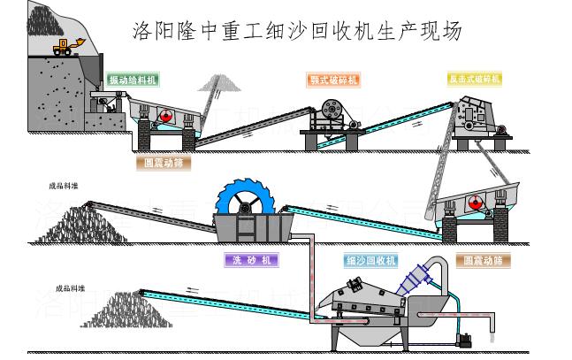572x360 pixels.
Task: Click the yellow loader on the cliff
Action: click(65, 46)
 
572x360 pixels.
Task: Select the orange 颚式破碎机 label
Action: click(334, 80)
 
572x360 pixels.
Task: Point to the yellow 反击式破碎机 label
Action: click(474, 80)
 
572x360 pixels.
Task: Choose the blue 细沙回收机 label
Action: click(371, 260)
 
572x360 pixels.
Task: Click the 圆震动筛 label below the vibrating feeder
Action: click(165, 163)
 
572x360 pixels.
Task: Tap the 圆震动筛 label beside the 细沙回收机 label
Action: click(484, 261)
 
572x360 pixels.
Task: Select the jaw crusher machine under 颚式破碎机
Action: click(333, 114)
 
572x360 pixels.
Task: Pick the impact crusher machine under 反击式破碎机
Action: click(478, 120)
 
